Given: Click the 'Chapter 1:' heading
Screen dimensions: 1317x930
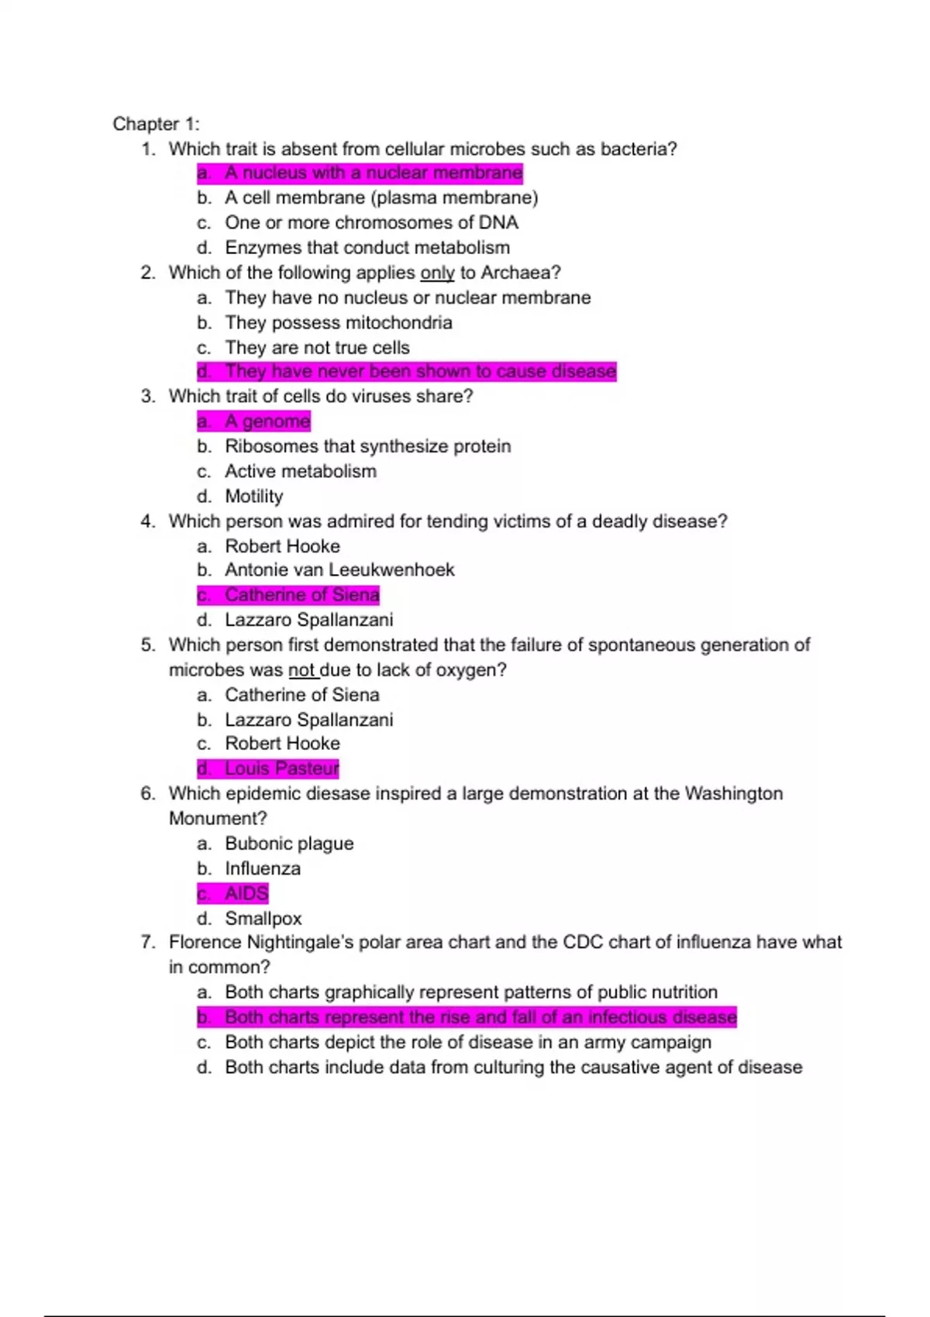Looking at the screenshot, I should point(156,124).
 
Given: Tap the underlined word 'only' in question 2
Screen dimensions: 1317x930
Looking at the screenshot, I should point(437,273).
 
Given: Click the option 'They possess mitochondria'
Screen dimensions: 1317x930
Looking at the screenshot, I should point(338,322).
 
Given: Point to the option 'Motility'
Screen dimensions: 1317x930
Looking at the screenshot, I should point(253,496).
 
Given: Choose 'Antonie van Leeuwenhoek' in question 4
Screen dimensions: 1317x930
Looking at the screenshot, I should point(339,570).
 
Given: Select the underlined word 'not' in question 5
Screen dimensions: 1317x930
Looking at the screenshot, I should point(301,670).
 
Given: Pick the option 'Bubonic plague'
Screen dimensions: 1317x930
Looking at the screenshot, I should point(289,844).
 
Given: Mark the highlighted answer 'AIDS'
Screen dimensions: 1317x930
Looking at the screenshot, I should point(246,893).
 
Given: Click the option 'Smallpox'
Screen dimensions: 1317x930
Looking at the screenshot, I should point(263,919).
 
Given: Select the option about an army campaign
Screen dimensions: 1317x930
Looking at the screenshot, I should point(467,1042).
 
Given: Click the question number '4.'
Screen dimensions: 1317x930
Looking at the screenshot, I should point(148,521).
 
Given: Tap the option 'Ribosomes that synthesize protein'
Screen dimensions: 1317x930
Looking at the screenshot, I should point(367,446).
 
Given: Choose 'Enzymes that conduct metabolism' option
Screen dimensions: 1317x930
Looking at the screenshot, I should point(367,248).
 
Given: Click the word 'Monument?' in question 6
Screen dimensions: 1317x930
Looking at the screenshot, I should point(218,818).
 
